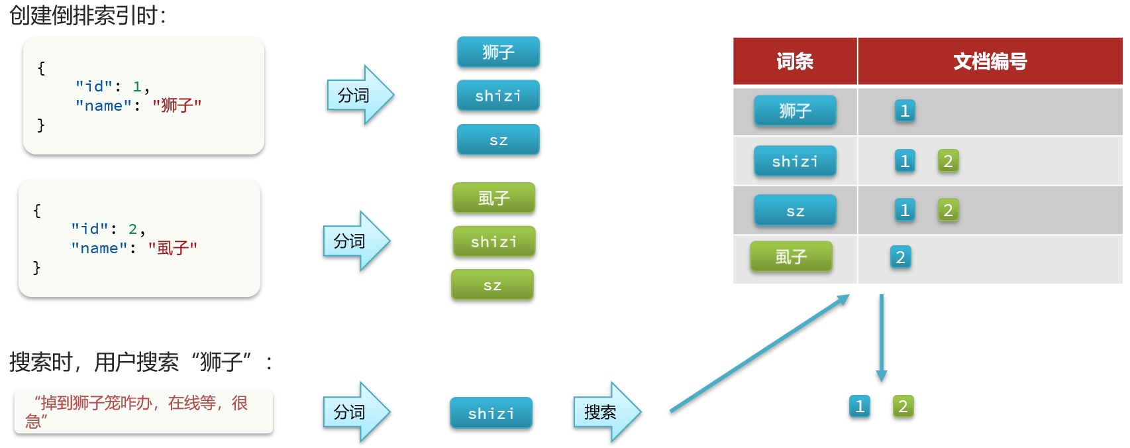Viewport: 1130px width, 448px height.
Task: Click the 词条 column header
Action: tap(795, 62)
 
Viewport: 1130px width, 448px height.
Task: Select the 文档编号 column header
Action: tap(990, 62)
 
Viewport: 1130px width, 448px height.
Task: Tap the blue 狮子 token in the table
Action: tap(795, 111)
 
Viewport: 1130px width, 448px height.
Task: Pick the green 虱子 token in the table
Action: tap(791, 256)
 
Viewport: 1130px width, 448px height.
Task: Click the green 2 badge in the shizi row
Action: tap(948, 161)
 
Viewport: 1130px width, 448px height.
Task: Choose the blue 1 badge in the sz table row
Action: tap(905, 210)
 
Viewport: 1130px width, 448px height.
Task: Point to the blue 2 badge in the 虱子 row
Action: tap(900, 257)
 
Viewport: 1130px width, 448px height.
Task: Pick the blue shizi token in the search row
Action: tap(491, 414)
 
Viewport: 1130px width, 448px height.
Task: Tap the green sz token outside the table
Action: tap(492, 286)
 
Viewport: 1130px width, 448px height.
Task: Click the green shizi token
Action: tap(493, 242)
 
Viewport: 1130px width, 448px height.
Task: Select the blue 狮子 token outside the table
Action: tap(498, 52)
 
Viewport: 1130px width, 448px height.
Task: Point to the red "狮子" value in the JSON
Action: tap(177, 105)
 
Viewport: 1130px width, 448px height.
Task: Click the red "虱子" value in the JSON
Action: tap(173, 248)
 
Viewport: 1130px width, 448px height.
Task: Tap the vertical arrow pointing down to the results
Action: tap(881, 338)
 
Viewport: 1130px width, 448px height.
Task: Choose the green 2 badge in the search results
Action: tap(903, 406)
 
